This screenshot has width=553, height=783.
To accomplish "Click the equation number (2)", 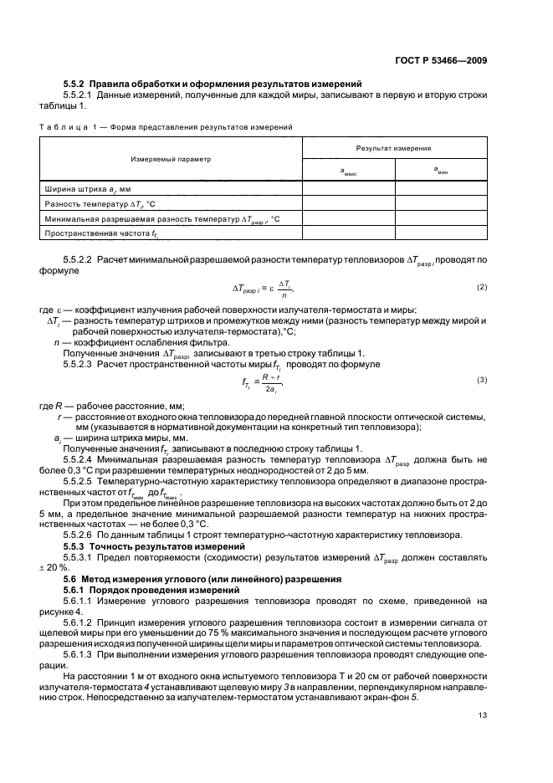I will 481,288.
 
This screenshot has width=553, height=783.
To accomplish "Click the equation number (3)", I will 481,381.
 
